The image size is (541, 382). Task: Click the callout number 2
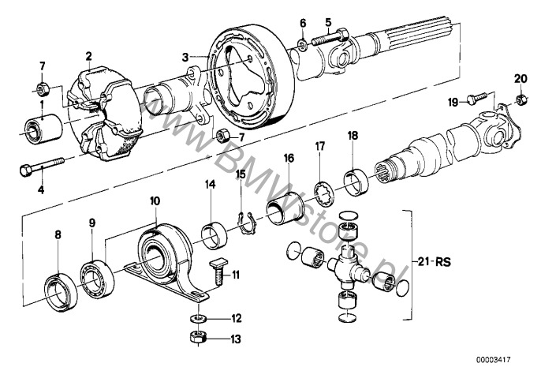tap(89, 55)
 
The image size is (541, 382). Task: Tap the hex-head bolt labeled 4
tap(42, 166)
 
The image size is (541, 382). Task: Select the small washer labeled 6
tap(303, 44)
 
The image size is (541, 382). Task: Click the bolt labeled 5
tap(331, 37)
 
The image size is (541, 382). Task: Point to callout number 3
tap(185, 57)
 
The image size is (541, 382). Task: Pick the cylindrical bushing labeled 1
tap(44, 127)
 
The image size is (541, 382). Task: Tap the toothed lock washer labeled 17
tap(324, 195)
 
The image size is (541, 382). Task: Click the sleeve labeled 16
tap(284, 208)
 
